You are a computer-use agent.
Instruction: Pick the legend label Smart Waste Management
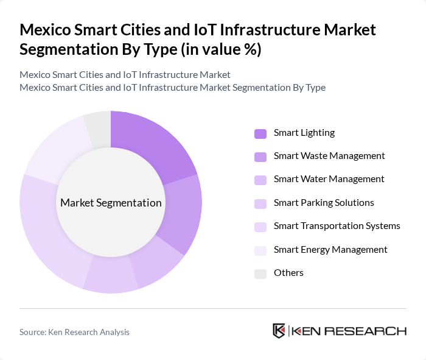click(329, 156)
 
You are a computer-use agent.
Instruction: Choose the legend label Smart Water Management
click(329, 179)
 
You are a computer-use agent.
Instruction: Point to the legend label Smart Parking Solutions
click(324, 202)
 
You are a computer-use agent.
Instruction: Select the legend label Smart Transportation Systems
click(337, 226)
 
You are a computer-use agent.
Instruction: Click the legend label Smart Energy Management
click(330, 249)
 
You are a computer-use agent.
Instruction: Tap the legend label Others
click(288, 272)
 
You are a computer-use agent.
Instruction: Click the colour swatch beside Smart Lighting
click(260, 133)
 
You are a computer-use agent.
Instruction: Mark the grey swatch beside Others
click(260, 273)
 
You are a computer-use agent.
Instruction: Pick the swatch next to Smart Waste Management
click(260, 157)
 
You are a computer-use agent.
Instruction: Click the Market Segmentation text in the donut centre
click(111, 203)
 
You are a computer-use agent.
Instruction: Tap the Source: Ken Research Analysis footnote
click(74, 332)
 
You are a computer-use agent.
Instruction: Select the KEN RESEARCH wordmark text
click(349, 331)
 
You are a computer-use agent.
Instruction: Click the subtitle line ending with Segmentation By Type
click(172, 88)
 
